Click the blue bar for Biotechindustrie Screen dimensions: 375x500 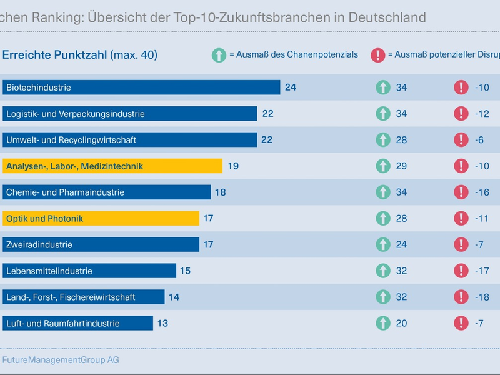click(x=141, y=87)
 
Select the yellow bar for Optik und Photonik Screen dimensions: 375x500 click(x=100, y=219)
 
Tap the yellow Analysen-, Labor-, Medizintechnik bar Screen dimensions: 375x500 click(x=112, y=166)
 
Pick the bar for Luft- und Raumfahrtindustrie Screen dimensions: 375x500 click(x=77, y=324)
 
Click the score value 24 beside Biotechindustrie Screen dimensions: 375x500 click(x=290, y=87)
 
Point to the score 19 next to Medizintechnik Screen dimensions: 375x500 click(x=233, y=166)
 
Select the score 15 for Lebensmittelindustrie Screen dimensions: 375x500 click(x=184, y=271)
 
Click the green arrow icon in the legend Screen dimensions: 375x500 click(x=219, y=55)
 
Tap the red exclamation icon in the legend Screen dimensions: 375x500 click(x=378, y=55)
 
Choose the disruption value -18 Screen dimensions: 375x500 click(x=481, y=297)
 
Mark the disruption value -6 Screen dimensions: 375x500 click(x=479, y=140)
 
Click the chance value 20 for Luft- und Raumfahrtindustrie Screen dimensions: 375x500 click(x=401, y=324)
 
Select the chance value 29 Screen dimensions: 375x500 click(x=401, y=166)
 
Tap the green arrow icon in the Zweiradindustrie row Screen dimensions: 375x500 click(x=383, y=245)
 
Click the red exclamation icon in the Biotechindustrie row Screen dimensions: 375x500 click(x=461, y=87)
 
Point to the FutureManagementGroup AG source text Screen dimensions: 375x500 click(x=61, y=360)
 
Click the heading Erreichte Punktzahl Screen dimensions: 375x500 click(x=55, y=55)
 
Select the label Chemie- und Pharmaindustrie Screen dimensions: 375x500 click(x=65, y=192)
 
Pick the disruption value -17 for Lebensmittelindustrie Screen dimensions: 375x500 click(x=481, y=271)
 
